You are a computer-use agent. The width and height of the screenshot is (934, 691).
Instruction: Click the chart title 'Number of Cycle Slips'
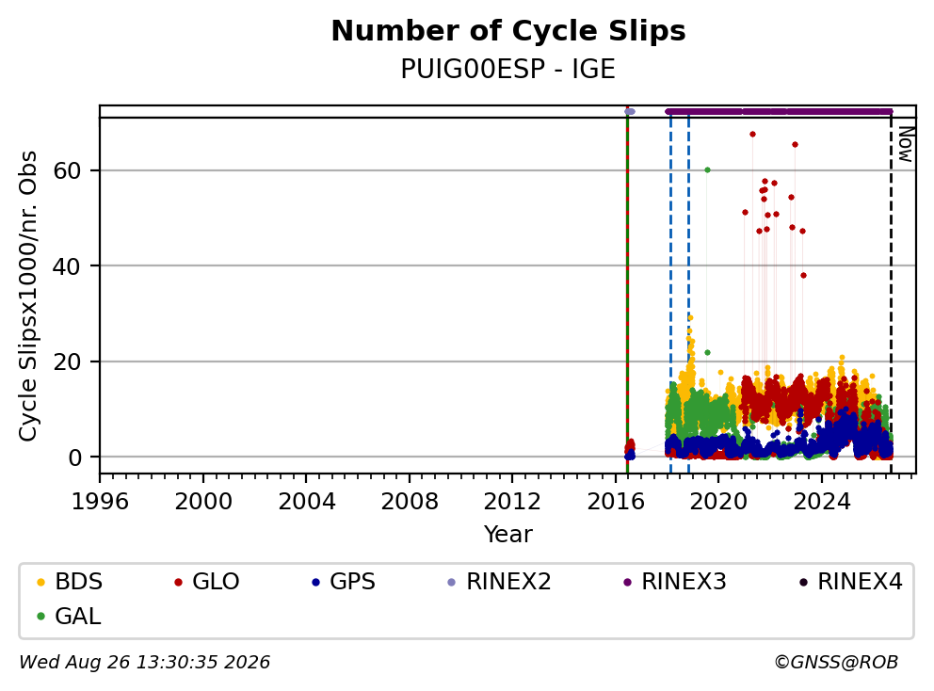[508, 31]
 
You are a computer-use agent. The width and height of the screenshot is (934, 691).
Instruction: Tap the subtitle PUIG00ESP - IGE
[508, 70]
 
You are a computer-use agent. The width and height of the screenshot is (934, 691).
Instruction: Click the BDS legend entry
[70, 582]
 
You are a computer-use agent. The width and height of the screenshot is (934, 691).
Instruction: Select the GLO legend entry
[207, 582]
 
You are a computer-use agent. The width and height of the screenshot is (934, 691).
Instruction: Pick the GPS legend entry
[344, 582]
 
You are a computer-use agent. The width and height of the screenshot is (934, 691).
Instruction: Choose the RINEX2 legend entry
[499, 582]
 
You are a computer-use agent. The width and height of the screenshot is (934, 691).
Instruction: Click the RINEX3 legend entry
[675, 582]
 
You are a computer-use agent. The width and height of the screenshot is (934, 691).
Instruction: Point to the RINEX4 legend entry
[850, 582]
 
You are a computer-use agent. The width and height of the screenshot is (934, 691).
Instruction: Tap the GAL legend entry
[69, 617]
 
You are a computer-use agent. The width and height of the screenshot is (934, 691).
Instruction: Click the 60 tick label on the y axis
[67, 171]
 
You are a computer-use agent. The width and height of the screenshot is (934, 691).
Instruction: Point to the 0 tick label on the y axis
[74, 458]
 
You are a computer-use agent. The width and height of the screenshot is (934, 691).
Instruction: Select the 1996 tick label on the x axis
[100, 502]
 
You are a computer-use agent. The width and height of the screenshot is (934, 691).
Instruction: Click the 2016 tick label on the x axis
[616, 502]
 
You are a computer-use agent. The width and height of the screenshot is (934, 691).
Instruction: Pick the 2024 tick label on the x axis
[821, 502]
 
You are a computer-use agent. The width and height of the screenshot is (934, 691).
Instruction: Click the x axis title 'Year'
[508, 535]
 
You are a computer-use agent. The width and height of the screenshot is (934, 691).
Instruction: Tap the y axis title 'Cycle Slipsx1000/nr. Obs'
[28, 296]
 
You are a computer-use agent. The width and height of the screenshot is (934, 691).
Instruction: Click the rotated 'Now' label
[905, 144]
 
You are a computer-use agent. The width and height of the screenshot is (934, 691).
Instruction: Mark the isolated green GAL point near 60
[707, 169]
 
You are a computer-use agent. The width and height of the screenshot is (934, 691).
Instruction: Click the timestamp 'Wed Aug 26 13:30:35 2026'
[145, 662]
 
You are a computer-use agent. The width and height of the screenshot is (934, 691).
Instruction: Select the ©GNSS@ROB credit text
[836, 662]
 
